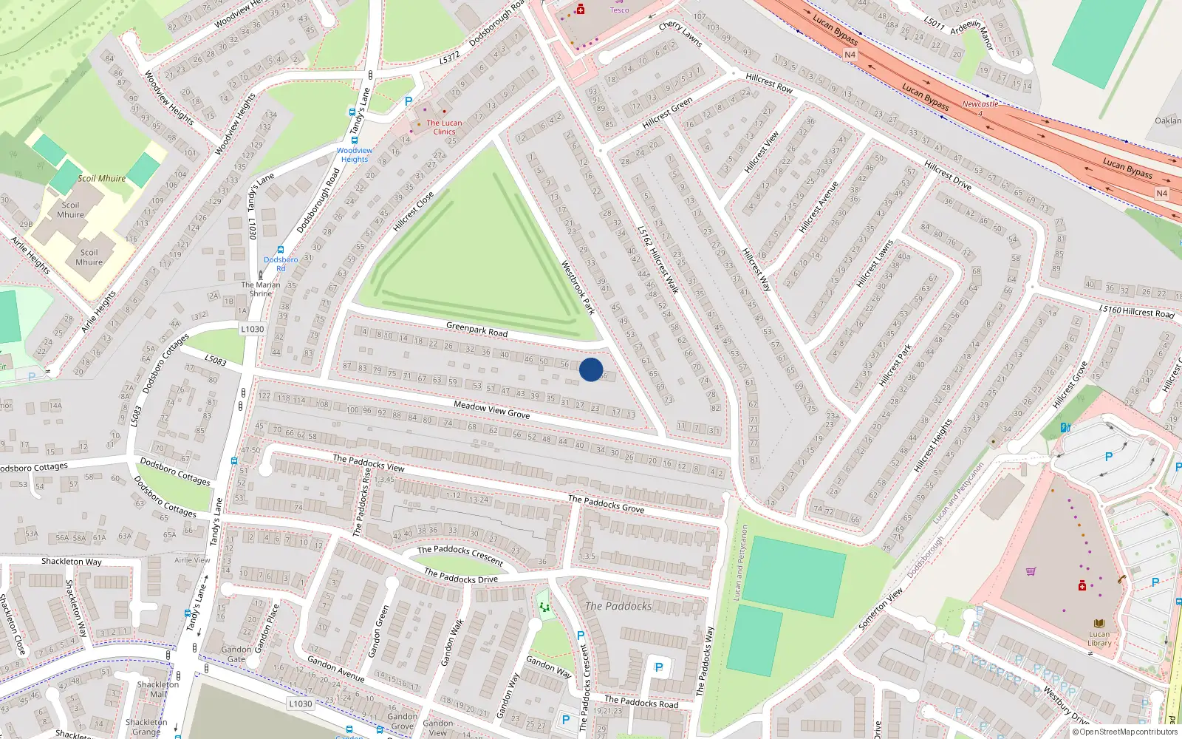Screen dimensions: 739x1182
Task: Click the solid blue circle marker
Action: pos(591,369)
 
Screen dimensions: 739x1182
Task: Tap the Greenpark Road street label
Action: pos(476,329)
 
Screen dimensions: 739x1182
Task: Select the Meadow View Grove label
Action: pos(491,409)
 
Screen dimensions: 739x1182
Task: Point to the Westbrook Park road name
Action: pos(578,287)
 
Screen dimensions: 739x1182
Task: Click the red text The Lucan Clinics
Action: pos(444,127)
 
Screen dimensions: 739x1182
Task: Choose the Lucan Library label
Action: pos(1099,638)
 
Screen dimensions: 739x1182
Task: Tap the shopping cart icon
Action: pos(1031,571)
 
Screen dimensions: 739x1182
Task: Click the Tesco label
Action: pos(619,10)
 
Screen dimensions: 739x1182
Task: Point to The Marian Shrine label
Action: pos(261,289)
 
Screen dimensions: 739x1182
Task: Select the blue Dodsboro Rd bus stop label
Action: pos(281,264)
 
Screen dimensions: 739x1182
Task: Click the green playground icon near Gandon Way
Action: pos(544,607)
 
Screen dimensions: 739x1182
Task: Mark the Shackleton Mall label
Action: pos(157,689)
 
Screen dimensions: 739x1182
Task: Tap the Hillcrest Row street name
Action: pos(769,83)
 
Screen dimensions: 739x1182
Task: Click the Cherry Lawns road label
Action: pos(680,34)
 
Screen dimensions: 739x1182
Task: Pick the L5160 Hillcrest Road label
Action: pos(1136,312)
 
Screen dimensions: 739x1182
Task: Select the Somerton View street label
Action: pos(881,609)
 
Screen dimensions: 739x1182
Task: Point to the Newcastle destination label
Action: pos(980,104)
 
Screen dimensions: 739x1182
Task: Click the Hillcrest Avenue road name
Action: pos(819,207)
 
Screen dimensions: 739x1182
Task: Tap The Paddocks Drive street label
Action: pos(461,576)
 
